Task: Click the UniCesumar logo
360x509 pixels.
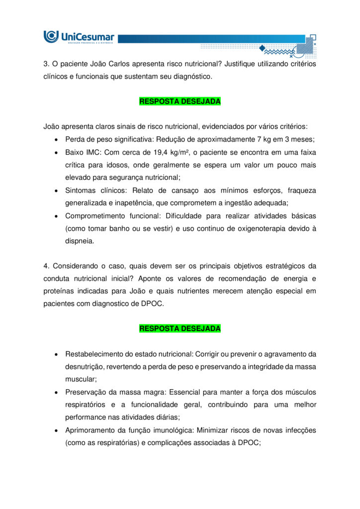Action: pyautogui.click(x=79, y=37)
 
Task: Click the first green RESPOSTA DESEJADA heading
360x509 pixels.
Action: pyautogui.click(x=180, y=101)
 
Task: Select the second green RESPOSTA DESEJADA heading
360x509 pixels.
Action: pyautogui.click(x=180, y=329)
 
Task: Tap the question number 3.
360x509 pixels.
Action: pyautogui.click(x=46, y=64)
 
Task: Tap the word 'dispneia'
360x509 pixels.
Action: pyautogui.click(x=79, y=242)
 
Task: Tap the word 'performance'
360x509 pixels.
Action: pyautogui.click(x=85, y=418)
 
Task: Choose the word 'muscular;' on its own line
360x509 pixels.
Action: pyautogui.click(x=80, y=379)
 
